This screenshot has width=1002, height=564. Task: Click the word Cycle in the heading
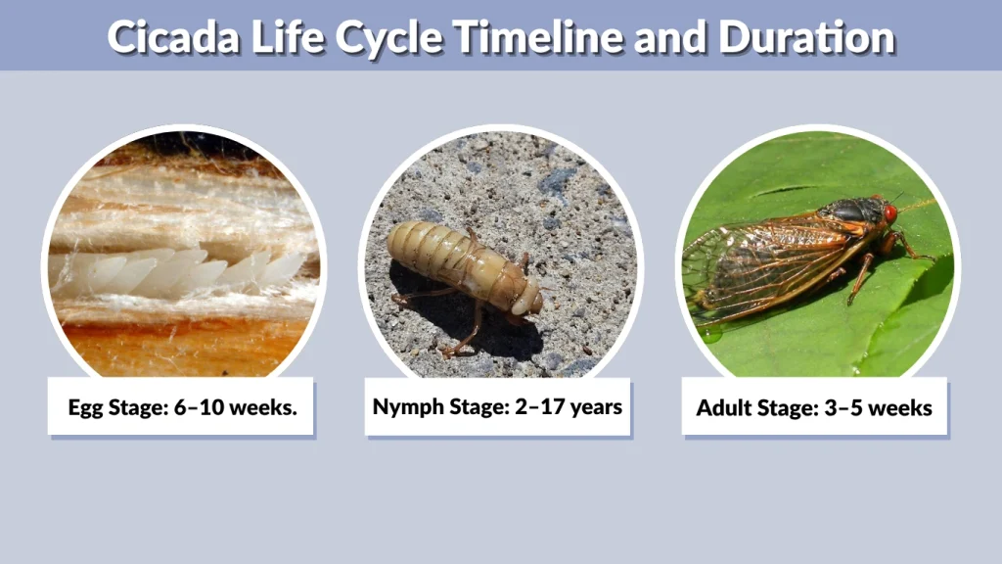(390, 36)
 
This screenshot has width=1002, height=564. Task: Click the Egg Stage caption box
(181, 406)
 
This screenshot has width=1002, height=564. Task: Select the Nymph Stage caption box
(497, 406)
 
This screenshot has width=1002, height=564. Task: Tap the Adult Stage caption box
(814, 406)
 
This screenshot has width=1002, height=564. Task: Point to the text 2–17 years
(569, 406)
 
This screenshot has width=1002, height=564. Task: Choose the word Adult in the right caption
(723, 407)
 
